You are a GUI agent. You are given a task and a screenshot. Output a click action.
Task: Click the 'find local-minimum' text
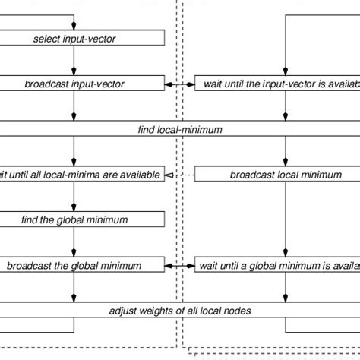pos(180,130)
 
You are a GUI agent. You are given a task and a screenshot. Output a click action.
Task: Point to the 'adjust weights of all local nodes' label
pos(180,311)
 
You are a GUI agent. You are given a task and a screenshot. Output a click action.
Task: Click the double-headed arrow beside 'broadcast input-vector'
pos(179,84)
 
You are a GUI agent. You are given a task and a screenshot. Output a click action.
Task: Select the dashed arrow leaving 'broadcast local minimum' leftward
pos(179,175)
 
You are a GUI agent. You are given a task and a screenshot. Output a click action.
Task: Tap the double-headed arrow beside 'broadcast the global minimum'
pos(179,266)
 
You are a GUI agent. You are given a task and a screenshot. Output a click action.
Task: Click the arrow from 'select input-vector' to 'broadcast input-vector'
pos(74,61)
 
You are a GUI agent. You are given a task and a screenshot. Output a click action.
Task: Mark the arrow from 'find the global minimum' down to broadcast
pos(74,243)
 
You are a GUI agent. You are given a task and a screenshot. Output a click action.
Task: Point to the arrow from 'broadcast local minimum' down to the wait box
pos(285,220)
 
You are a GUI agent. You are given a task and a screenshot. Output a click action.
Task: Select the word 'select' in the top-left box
pos(47,38)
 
